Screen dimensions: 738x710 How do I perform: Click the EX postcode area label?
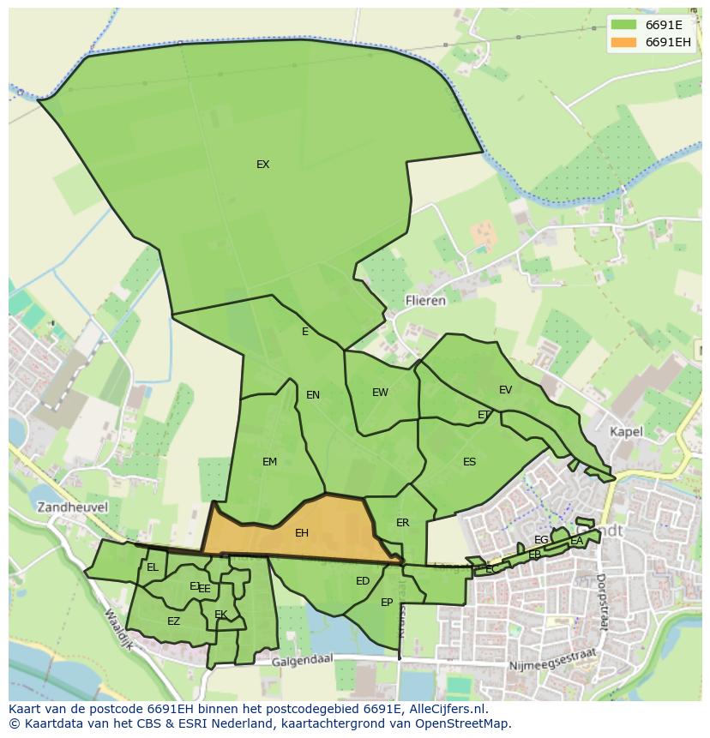tap(262, 165)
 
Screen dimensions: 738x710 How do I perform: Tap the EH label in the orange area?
tap(301, 533)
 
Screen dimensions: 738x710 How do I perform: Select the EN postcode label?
tap(312, 395)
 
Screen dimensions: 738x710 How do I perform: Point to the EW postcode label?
tap(380, 393)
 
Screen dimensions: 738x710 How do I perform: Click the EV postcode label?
tap(505, 390)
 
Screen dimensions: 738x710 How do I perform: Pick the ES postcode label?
tap(469, 462)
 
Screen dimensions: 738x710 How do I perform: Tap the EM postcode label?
tap(269, 462)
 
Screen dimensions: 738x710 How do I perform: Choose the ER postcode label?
tap(402, 523)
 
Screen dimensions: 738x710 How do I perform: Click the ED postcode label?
tap(362, 581)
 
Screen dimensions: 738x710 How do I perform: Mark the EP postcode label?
tap(387, 603)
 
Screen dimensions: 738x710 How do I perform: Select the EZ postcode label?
tap(173, 621)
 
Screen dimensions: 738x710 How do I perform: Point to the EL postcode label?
tap(153, 567)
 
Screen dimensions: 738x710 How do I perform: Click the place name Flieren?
tap(425, 301)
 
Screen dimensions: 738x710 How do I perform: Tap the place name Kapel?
tap(626, 432)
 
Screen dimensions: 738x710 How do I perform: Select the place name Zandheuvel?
tap(72, 507)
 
